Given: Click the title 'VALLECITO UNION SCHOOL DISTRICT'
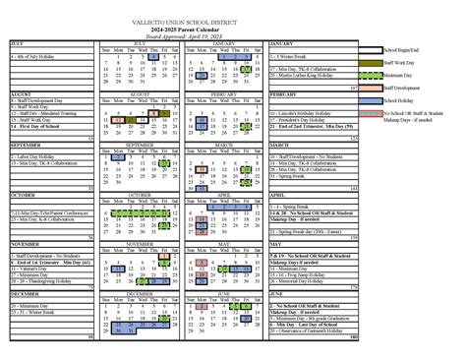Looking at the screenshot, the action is (233, 21).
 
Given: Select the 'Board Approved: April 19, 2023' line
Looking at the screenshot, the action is (233, 35).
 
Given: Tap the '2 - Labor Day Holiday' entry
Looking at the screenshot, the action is (33, 155).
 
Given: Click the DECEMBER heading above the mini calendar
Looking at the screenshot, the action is (145, 292).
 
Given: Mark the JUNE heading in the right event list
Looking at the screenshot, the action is (277, 292).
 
